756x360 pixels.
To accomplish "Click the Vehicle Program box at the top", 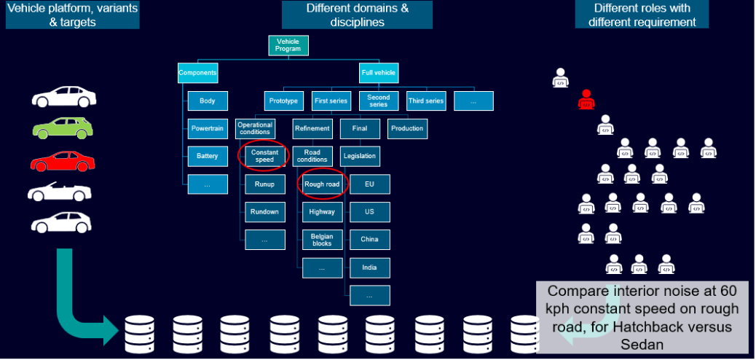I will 288,46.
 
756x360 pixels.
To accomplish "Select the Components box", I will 197,73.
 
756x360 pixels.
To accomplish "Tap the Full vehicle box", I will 379,73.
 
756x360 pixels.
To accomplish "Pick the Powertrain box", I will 208,128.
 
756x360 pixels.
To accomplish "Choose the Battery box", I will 208,156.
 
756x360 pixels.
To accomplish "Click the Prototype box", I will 283,101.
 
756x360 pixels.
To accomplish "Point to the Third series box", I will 426,101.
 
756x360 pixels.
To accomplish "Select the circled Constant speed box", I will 264,156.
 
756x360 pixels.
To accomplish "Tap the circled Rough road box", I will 322,184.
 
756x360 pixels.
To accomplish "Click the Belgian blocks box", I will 322,239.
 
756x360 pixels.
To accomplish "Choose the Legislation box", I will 360,156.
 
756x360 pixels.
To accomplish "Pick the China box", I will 369,239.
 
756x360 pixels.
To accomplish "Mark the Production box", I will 407,128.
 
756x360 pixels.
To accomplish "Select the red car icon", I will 63,160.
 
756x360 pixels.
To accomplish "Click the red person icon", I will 586,101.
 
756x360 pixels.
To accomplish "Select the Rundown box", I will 264,211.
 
